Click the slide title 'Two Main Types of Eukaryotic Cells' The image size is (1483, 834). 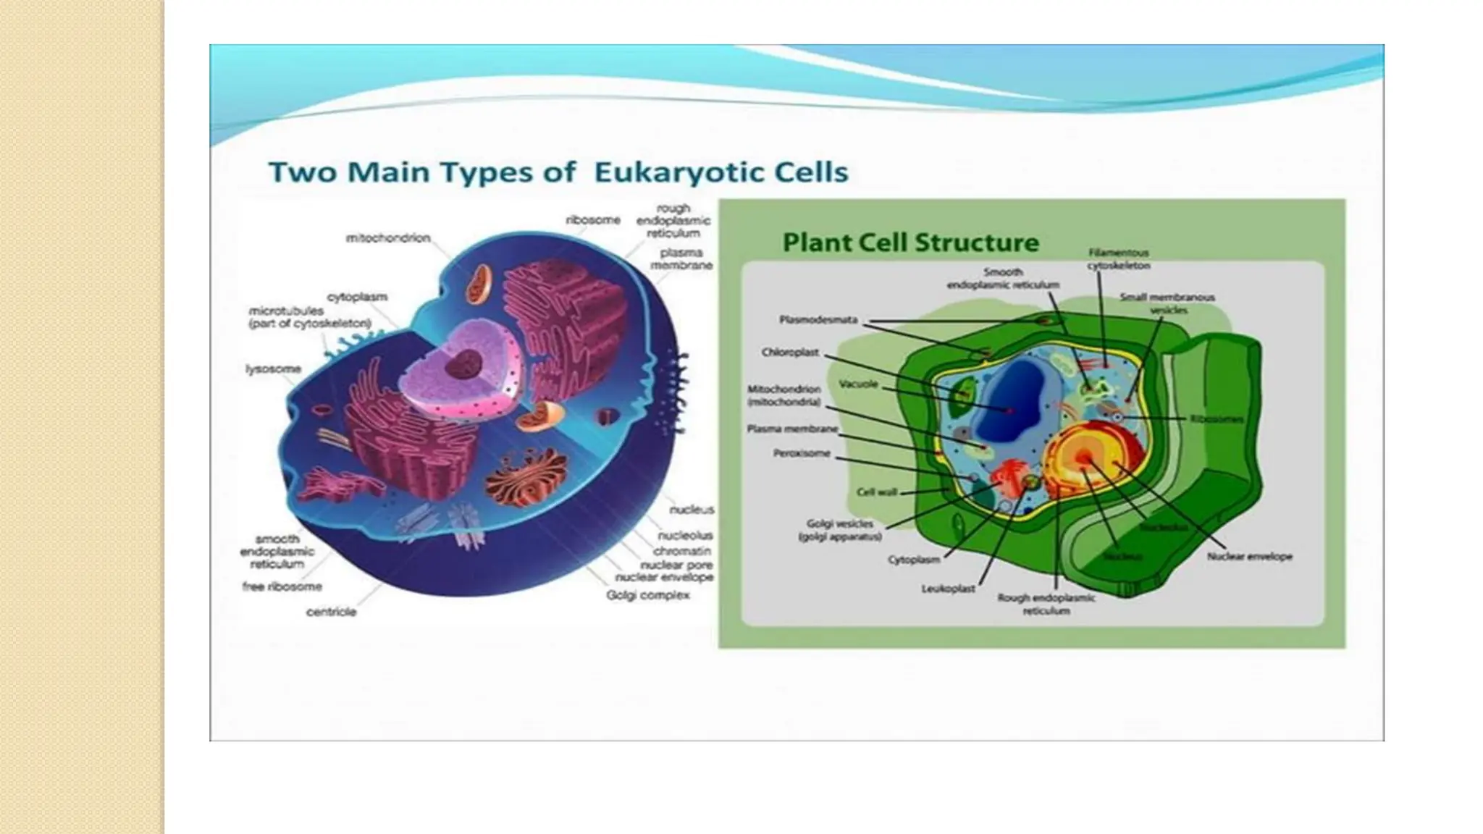(x=558, y=173)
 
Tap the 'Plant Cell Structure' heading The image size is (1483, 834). (x=911, y=243)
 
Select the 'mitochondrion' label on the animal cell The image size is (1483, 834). (x=388, y=238)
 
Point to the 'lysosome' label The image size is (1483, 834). (x=273, y=369)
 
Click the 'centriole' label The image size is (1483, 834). (x=331, y=612)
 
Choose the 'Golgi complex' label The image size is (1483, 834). (x=648, y=595)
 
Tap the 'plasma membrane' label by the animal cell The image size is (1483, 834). (x=681, y=259)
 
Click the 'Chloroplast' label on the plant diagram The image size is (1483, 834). (x=790, y=353)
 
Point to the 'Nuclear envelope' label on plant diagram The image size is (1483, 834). (x=1249, y=557)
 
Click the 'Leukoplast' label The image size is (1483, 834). (x=948, y=589)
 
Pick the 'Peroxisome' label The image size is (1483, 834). (x=802, y=454)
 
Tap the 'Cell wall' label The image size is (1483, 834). (x=877, y=492)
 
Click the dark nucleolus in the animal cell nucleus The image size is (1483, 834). (x=464, y=363)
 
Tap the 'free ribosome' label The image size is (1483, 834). (x=282, y=586)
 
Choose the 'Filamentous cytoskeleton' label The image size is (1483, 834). (x=1118, y=259)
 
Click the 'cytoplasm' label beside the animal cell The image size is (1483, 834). (x=357, y=297)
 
